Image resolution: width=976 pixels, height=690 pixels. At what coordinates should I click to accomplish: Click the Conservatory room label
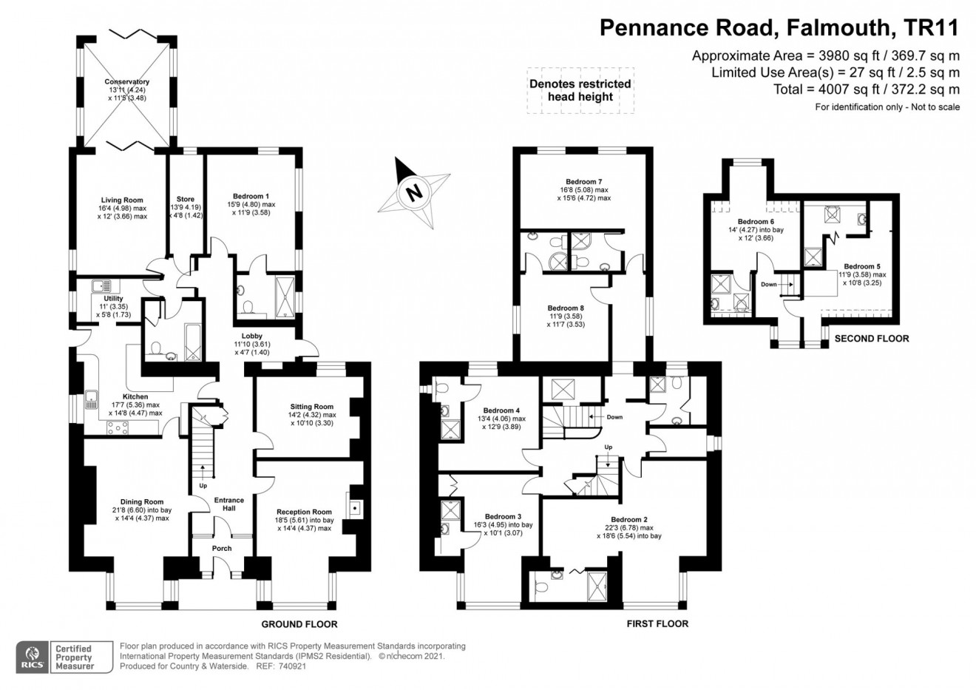click(126, 82)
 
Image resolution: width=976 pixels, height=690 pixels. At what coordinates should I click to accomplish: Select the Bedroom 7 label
click(583, 182)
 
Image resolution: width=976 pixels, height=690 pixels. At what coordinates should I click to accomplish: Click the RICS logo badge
click(32, 657)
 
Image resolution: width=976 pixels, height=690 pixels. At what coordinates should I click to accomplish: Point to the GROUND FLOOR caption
click(299, 624)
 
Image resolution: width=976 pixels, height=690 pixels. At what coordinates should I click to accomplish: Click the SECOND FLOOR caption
click(871, 339)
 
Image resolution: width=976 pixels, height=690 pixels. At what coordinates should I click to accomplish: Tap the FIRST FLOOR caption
click(657, 624)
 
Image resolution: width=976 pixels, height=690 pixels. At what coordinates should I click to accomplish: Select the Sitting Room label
click(311, 407)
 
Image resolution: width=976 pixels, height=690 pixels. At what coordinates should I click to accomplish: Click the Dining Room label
click(142, 502)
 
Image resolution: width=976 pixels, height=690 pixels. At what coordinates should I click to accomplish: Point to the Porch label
click(222, 549)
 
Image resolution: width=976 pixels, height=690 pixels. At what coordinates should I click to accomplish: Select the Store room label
click(186, 200)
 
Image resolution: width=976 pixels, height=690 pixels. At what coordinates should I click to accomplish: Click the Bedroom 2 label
click(628, 520)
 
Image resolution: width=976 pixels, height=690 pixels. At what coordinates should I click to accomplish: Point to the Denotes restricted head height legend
click(580, 90)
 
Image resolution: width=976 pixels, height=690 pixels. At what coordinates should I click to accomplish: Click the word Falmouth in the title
click(838, 28)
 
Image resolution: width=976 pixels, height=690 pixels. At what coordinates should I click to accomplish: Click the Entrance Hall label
click(228, 505)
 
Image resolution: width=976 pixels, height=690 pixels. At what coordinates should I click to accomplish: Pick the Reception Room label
click(304, 512)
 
